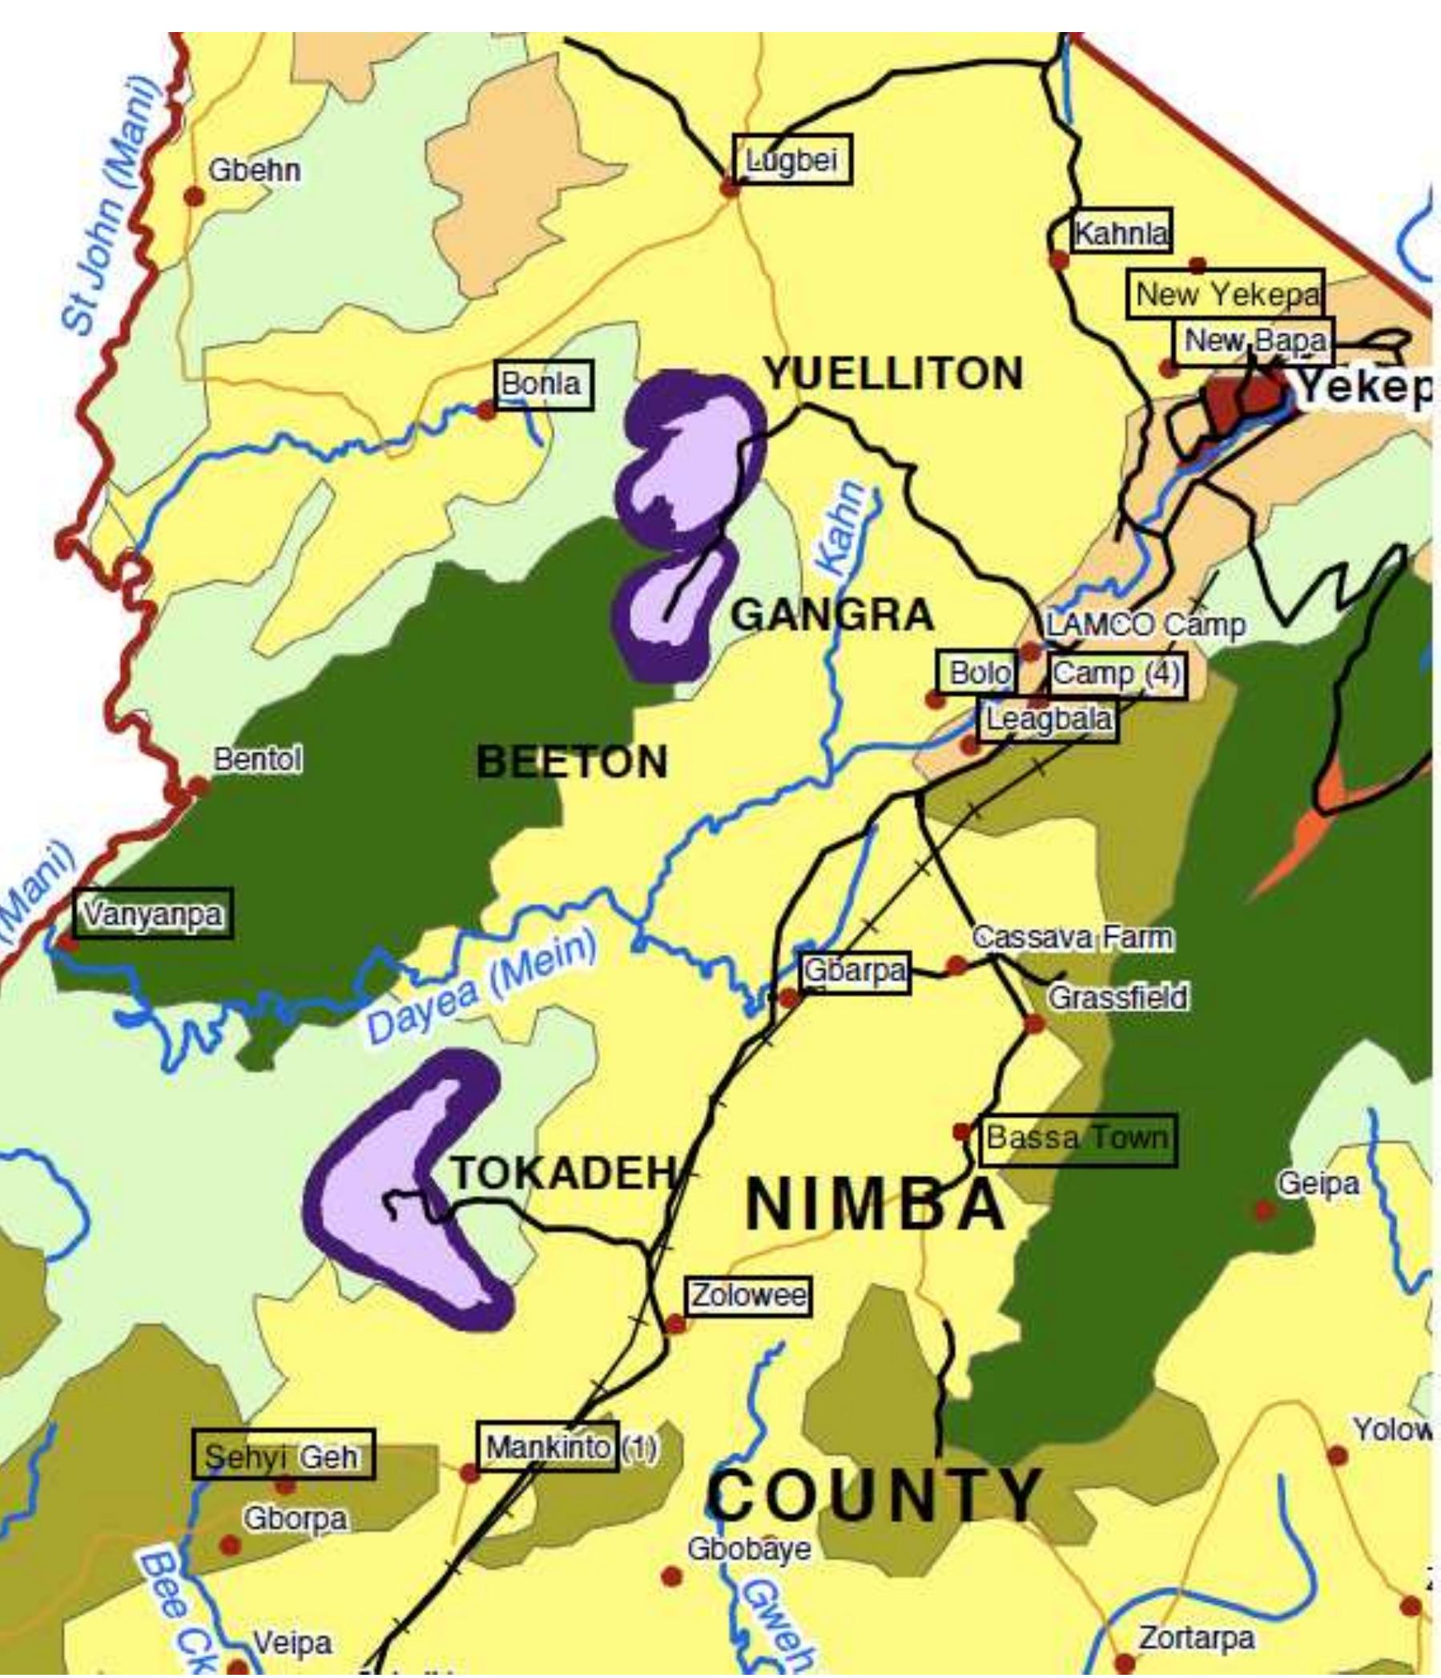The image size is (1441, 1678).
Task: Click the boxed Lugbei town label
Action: [x=791, y=159]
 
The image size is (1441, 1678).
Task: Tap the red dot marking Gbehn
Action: [x=194, y=196]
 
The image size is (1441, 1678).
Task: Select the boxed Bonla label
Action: [x=542, y=384]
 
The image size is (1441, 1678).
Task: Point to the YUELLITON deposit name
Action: [x=894, y=373]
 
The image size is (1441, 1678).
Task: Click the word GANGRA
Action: [x=832, y=615]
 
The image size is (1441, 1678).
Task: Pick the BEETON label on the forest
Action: [x=573, y=762]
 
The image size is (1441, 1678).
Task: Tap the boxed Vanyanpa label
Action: [x=152, y=914]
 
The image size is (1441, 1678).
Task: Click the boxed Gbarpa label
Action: [x=855, y=972]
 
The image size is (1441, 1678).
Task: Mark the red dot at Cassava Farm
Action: [x=956, y=965]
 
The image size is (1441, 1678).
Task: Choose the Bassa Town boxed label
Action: [x=1077, y=1139]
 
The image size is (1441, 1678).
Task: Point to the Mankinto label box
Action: [x=548, y=1447]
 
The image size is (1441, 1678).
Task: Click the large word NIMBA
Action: [x=875, y=1204]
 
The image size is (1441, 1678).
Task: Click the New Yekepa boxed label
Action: [x=1226, y=294]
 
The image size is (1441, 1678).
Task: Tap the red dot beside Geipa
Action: [x=1263, y=1211]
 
